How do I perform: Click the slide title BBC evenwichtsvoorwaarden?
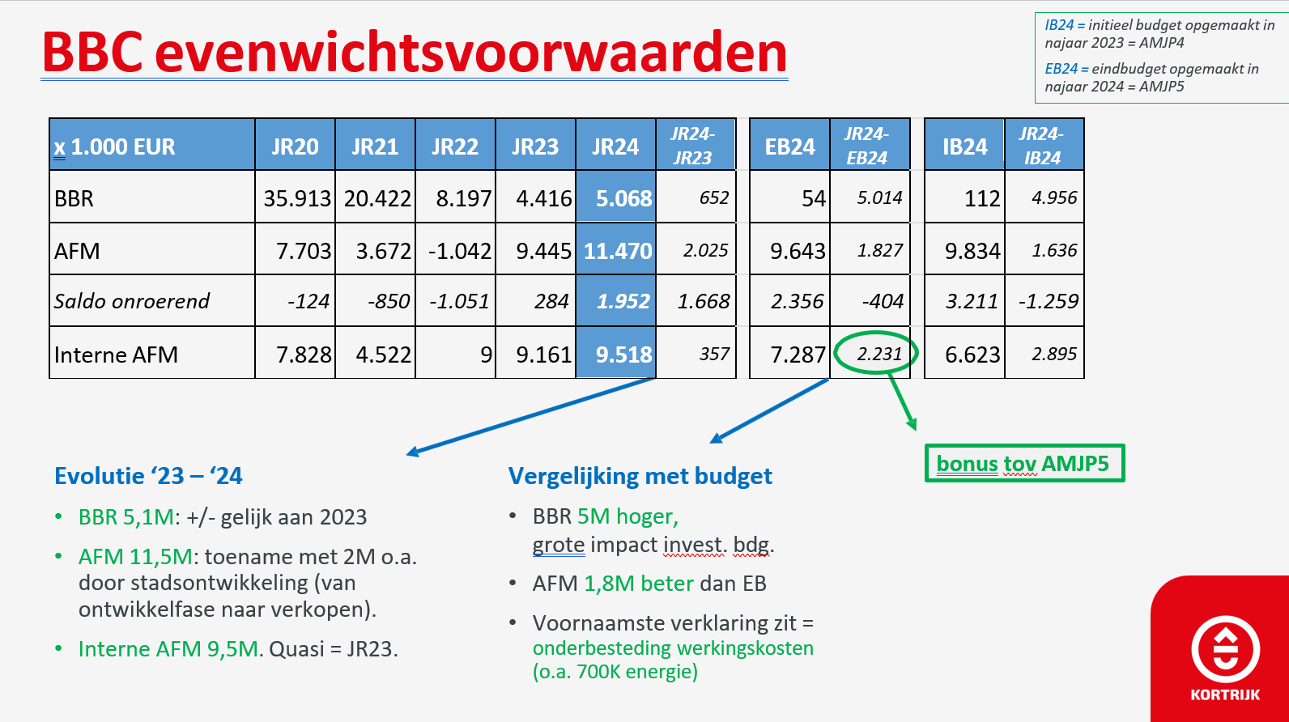click(x=415, y=53)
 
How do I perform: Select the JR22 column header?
click(x=454, y=147)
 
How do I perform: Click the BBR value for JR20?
click(x=297, y=198)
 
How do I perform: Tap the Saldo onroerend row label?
click(x=132, y=301)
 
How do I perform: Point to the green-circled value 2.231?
click(x=878, y=353)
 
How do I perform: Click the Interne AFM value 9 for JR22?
click(x=486, y=355)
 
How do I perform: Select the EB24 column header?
click(x=789, y=147)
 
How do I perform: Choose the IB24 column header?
click(x=964, y=147)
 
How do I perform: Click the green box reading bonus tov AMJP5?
click(x=1024, y=463)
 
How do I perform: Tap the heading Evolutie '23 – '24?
click(x=148, y=476)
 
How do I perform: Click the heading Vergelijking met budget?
click(x=640, y=476)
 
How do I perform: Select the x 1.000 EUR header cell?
click(x=114, y=147)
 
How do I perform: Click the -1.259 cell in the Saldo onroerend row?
click(x=1048, y=301)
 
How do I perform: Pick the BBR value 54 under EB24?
click(x=814, y=198)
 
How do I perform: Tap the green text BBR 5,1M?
click(x=126, y=516)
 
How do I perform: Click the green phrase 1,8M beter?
click(x=639, y=584)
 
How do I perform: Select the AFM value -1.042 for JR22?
click(x=460, y=251)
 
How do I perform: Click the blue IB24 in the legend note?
click(x=1059, y=25)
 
